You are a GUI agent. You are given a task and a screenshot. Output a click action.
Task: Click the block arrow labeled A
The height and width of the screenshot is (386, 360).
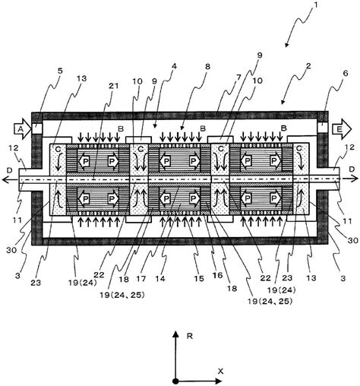[x=22, y=129]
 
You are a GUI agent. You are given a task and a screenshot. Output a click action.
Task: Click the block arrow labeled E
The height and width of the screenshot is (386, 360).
[x=342, y=129]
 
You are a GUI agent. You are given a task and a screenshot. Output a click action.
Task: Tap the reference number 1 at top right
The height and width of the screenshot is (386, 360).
[x=315, y=5]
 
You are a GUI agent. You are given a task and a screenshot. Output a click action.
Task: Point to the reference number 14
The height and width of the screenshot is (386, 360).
[x=160, y=279]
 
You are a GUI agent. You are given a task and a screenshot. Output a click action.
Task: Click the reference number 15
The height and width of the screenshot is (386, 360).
[x=199, y=279]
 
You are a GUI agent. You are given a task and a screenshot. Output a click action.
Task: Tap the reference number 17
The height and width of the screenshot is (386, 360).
[x=141, y=279]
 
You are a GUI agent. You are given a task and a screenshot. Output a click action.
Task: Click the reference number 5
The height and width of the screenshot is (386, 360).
[x=59, y=71]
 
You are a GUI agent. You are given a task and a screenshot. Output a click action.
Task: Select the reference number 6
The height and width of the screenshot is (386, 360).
[x=346, y=74]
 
